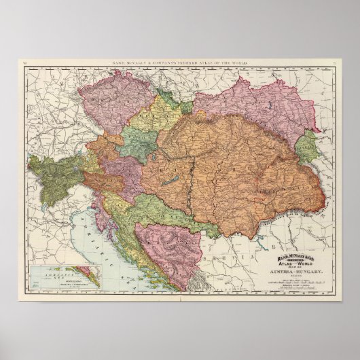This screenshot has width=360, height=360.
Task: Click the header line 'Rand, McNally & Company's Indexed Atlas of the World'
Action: coord(180,63)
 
